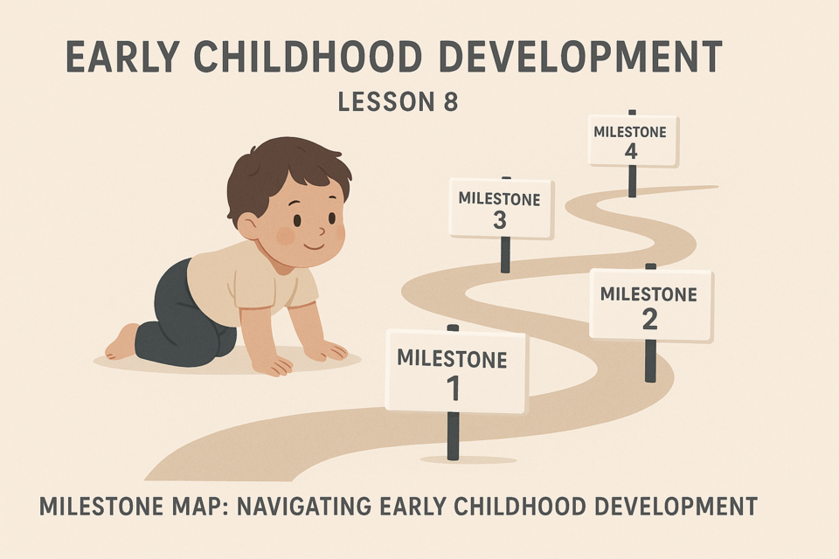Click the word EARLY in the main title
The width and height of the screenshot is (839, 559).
[x=121, y=56]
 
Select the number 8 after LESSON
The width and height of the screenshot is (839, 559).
[x=451, y=101]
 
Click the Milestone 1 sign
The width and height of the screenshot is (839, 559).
[x=457, y=372]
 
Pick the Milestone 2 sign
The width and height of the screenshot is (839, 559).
[x=651, y=305]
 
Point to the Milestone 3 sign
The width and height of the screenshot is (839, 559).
[x=502, y=208]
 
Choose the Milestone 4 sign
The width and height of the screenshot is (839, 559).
[x=633, y=140]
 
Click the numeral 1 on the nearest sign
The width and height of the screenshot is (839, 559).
[x=454, y=389]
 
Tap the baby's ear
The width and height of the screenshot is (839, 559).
[x=247, y=225]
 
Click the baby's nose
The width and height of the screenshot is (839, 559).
[x=322, y=231]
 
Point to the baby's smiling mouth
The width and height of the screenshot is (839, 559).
[x=314, y=246]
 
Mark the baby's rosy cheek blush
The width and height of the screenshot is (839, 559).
[x=286, y=236]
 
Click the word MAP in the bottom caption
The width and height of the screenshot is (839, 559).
[x=192, y=506]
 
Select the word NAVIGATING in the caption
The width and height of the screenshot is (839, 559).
[x=304, y=506]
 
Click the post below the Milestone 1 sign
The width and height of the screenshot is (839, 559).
[x=454, y=436]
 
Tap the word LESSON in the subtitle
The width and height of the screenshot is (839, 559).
[x=386, y=101]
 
